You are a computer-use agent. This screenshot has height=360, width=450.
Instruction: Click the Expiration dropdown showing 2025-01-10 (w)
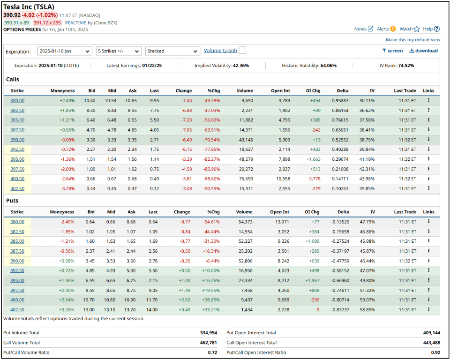coord(65,51)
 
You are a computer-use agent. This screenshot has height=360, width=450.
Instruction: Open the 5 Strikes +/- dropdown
coord(119,51)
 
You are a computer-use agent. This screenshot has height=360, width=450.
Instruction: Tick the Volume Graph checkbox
coord(242,51)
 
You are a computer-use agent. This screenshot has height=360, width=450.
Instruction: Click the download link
coord(423,51)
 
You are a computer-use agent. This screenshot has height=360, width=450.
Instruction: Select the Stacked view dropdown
coord(172,51)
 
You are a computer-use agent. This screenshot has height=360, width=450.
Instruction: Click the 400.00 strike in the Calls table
coord(17,179)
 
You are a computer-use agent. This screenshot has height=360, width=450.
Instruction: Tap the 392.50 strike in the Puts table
coord(17,270)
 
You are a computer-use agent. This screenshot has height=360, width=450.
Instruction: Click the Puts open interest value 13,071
coord(280,222)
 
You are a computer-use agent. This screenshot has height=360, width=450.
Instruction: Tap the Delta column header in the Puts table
coord(343,212)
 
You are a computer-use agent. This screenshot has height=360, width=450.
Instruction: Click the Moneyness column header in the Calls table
coord(62,90)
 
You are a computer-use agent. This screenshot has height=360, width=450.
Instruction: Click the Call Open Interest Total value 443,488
coord(430,343)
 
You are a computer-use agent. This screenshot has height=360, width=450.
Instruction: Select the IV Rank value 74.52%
coord(405,66)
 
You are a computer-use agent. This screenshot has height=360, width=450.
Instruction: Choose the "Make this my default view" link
coord(413,40)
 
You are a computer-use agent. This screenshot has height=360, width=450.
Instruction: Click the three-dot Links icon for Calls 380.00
coord(428,100)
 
